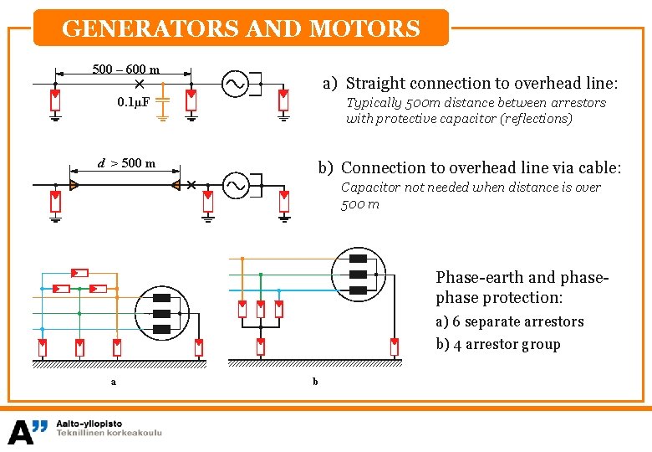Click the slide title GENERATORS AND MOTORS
(x=241, y=29)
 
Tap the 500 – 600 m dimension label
(x=126, y=69)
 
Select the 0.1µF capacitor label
(x=134, y=102)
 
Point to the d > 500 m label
(x=127, y=163)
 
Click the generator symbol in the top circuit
(x=235, y=84)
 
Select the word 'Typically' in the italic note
(x=373, y=103)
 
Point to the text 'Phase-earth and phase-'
(x=522, y=277)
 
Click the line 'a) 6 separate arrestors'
(x=510, y=321)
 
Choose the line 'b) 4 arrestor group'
(x=498, y=344)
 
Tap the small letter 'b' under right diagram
(x=315, y=382)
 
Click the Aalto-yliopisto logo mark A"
(x=28, y=431)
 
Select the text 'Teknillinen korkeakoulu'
(x=109, y=434)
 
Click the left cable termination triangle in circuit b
(x=74, y=184)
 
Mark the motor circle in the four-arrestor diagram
(x=359, y=275)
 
